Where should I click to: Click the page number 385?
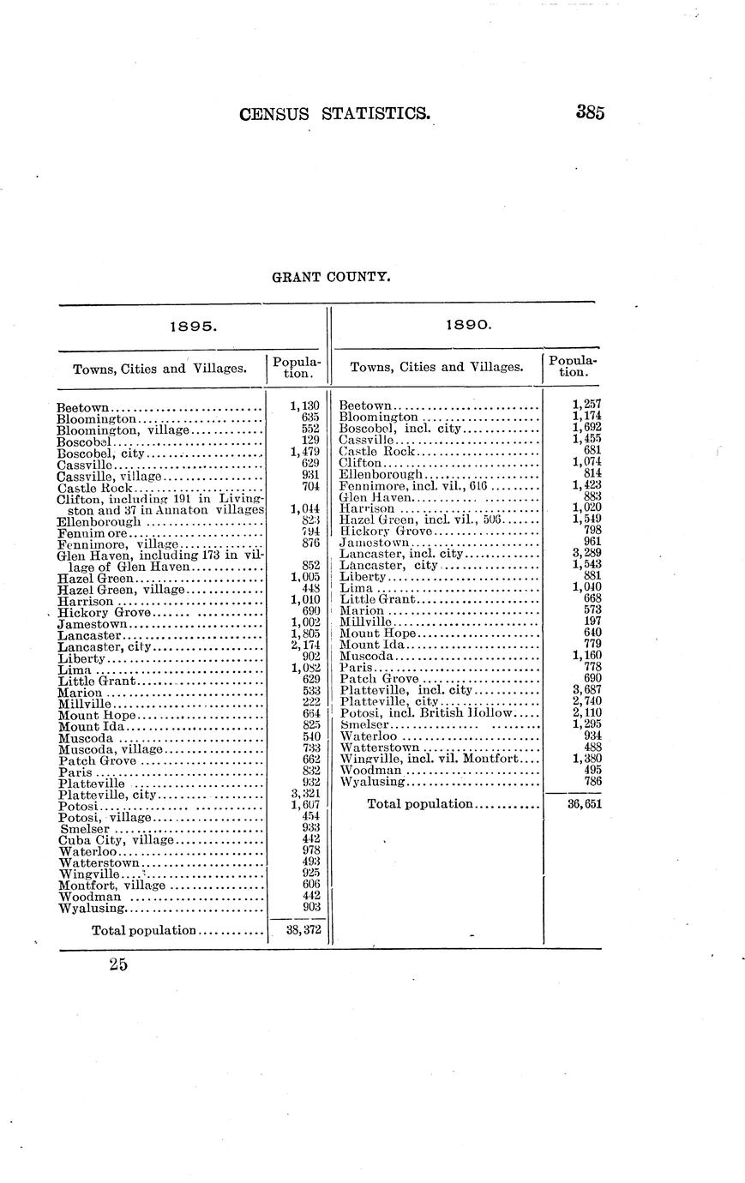[x=591, y=112]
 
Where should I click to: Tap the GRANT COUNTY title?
[x=331, y=277]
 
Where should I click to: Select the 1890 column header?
[x=468, y=327]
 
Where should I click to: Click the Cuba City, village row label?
[x=116, y=840]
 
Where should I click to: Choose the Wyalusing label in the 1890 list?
[x=371, y=781]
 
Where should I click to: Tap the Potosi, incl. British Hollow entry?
[x=425, y=713]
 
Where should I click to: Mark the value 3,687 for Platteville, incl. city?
[x=586, y=690]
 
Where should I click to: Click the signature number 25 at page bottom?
[x=118, y=965]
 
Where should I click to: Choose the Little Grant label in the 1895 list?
[x=97, y=680]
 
